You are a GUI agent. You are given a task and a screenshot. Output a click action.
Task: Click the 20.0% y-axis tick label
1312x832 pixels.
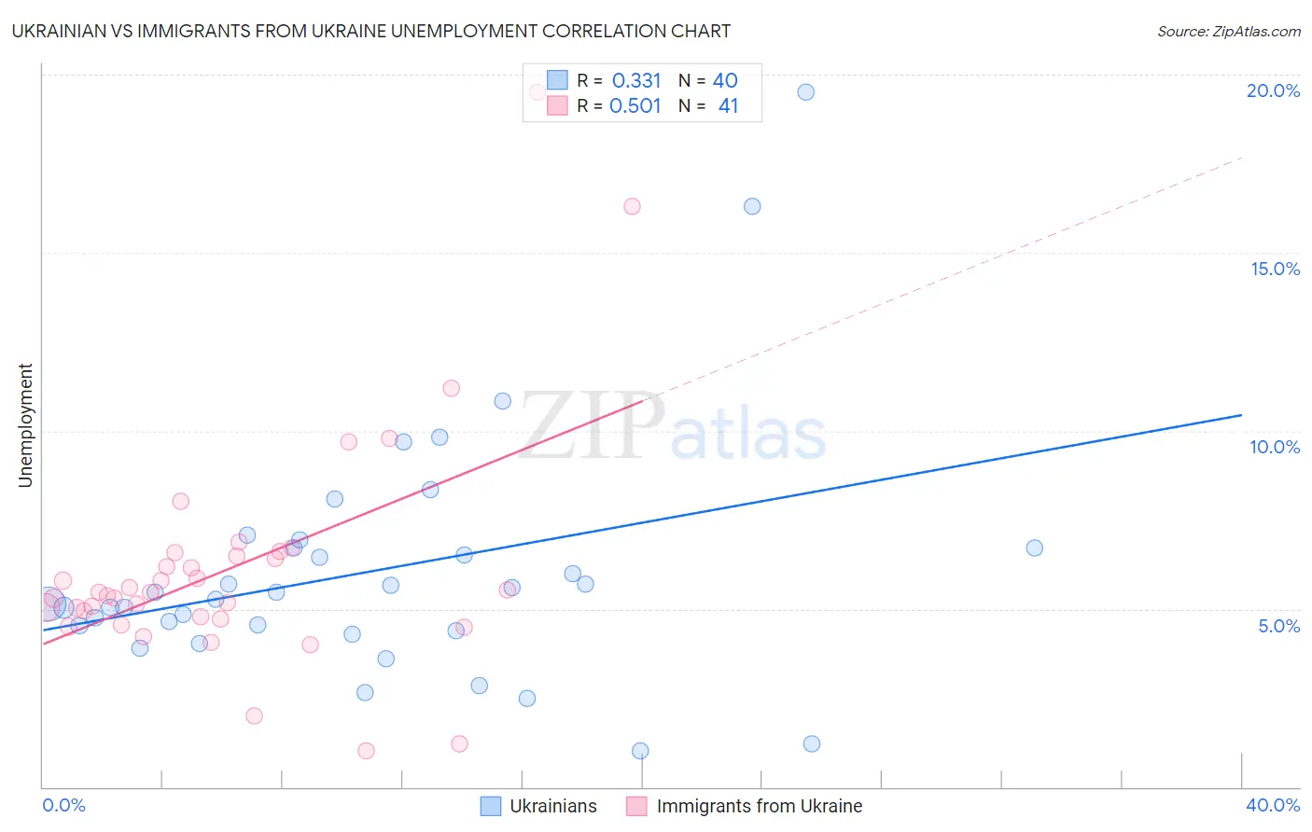(1273, 90)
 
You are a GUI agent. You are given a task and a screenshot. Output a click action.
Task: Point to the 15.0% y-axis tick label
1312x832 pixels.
(1275, 269)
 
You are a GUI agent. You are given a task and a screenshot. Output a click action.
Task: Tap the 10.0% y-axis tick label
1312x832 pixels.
(1275, 447)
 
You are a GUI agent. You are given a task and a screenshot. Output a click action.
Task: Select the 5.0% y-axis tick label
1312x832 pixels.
(1278, 626)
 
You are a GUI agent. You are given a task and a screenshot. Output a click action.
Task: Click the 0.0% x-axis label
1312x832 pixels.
(63, 805)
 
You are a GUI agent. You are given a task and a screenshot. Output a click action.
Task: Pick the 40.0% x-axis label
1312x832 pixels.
(1273, 805)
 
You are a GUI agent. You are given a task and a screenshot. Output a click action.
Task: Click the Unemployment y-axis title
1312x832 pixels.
(25, 425)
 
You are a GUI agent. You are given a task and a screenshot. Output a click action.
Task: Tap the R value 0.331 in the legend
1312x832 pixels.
(636, 81)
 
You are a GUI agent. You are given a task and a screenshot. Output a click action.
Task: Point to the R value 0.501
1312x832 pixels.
(635, 106)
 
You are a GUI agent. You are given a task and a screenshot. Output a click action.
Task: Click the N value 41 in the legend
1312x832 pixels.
(728, 106)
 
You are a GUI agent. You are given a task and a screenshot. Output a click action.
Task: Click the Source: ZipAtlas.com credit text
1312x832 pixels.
(1228, 31)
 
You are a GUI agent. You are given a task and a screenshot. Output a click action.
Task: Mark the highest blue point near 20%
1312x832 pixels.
(805, 92)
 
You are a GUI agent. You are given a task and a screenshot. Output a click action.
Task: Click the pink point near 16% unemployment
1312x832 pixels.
(632, 206)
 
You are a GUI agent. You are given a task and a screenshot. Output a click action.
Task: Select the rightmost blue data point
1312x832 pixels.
(1034, 548)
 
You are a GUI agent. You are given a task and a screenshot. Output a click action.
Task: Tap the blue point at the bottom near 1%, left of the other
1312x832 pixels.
(640, 751)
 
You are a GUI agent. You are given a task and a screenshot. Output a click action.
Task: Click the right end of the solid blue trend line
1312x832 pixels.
(1241, 415)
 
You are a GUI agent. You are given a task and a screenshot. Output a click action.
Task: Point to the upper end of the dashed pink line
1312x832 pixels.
(1241, 159)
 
